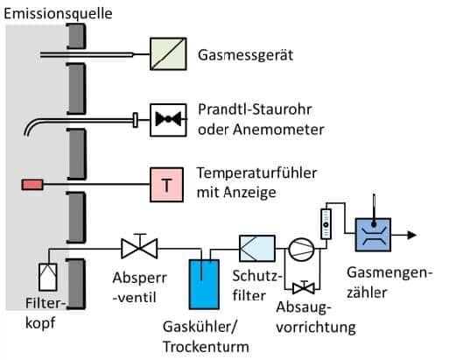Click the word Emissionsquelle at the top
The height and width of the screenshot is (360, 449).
pyautogui.click(x=58, y=14)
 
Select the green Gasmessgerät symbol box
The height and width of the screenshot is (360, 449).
pyautogui.click(x=168, y=54)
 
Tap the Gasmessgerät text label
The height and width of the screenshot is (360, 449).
pyautogui.click(x=245, y=55)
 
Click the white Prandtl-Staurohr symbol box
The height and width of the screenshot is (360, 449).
pyautogui.click(x=168, y=120)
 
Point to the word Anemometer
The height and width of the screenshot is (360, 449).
pyautogui.click(x=278, y=129)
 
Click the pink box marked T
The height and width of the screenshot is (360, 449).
pyautogui.click(x=166, y=185)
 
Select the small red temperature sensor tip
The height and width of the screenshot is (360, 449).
pyautogui.click(x=32, y=185)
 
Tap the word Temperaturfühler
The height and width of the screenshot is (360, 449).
pyautogui.click(x=256, y=173)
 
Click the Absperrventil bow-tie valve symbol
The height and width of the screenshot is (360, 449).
pyautogui.click(x=139, y=248)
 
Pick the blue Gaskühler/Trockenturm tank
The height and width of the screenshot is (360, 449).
pyautogui.click(x=204, y=284)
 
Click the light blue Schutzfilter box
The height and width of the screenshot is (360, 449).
pyautogui.click(x=257, y=248)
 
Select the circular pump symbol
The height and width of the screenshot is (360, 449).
pyautogui.click(x=301, y=250)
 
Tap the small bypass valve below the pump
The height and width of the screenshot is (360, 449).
pyautogui.click(x=304, y=287)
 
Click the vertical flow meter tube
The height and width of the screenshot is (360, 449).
pyautogui.click(x=326, y=224)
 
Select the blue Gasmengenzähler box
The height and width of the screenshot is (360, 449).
pyautogui.click(x=373, y=235)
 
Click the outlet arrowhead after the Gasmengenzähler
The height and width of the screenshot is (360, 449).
pyautogui.click(x=411, y=235)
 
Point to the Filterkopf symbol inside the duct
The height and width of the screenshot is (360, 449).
pyautogui.click(x=48, y=277)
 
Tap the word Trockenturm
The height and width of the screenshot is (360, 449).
pyautogui.click(x=206, y=347)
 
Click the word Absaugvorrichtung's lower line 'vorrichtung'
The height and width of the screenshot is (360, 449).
pyautogui.click(x=316, y=328)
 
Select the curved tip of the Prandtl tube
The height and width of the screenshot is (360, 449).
pyautogui.click(x=32, y=125)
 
